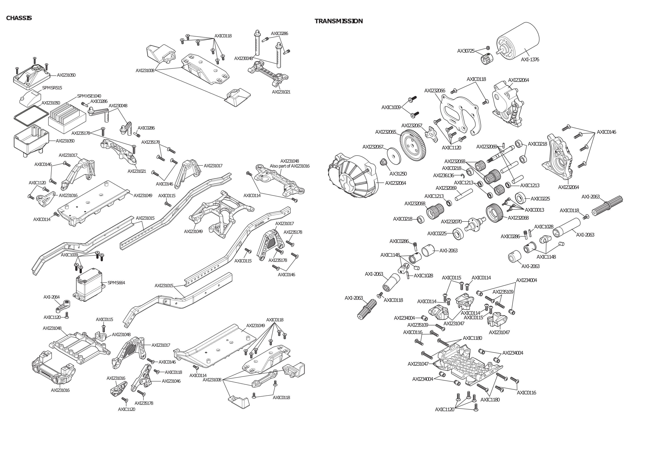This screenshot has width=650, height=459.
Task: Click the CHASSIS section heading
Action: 19,18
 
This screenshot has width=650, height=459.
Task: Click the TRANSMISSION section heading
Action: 338,21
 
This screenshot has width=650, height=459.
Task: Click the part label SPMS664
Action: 116,282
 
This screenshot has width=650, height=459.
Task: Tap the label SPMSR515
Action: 52,88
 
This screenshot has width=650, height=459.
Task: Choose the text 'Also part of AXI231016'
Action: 289,166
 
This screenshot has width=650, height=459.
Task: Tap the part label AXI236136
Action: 443,176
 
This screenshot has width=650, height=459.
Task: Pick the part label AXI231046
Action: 171,381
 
